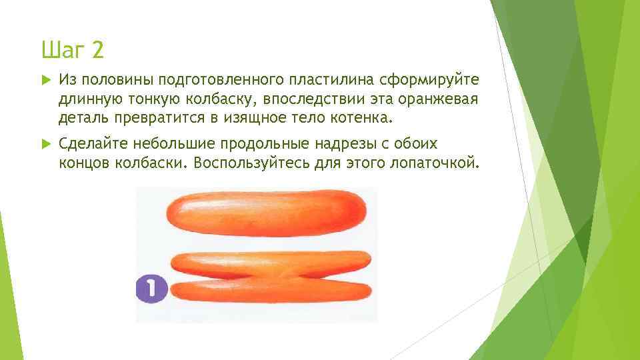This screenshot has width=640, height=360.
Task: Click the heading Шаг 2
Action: coord(73,49)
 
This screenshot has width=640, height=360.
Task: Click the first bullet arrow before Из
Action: coord(45,81)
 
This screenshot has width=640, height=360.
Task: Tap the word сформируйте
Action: coord(428,81)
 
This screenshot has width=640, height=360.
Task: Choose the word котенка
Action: coord(365,119)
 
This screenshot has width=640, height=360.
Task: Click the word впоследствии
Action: coord(316,100)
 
